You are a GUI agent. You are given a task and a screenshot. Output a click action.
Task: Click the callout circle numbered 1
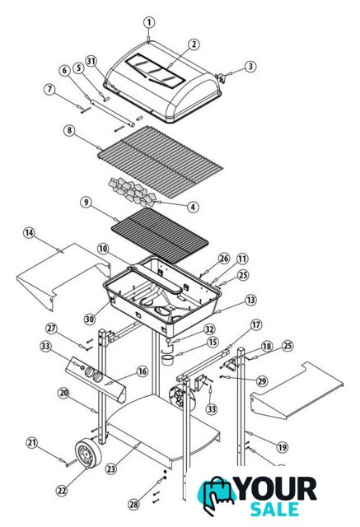coord(149,23)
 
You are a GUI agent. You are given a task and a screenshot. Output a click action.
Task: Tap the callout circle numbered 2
coord(194,44)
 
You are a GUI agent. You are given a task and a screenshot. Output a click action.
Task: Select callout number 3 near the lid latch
coord(250,66)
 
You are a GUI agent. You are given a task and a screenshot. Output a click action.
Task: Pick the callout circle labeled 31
coord(91,61)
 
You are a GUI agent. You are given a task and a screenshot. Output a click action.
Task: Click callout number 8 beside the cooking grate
coord(69,130)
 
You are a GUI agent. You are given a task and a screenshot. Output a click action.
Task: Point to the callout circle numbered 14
coord(29,232)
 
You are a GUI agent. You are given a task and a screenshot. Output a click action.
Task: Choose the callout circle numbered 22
coord(62,491)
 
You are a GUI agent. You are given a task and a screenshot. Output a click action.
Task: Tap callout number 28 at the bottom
coord(133,504)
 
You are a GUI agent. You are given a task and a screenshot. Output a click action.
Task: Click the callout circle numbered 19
coord(282,447)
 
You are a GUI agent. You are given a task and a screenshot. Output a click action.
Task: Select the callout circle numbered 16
coord(143,371)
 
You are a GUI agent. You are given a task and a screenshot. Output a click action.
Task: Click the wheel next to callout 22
coord(88,454)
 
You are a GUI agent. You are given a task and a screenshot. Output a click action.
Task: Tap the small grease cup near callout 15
coord(166,359)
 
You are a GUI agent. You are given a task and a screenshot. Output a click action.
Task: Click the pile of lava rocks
coord(132,193)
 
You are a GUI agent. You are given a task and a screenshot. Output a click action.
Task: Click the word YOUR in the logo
coord(277,489)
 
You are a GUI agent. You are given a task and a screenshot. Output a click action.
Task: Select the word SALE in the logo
coord(274,509)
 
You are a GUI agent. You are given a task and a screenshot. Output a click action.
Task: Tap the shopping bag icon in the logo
coord(217,495)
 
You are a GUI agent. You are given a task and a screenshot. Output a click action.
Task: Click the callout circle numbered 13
coord(250,300)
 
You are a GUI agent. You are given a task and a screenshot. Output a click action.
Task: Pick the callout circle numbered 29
coord(262,381)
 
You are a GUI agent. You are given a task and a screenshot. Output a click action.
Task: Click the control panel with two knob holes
coord(96,380)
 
